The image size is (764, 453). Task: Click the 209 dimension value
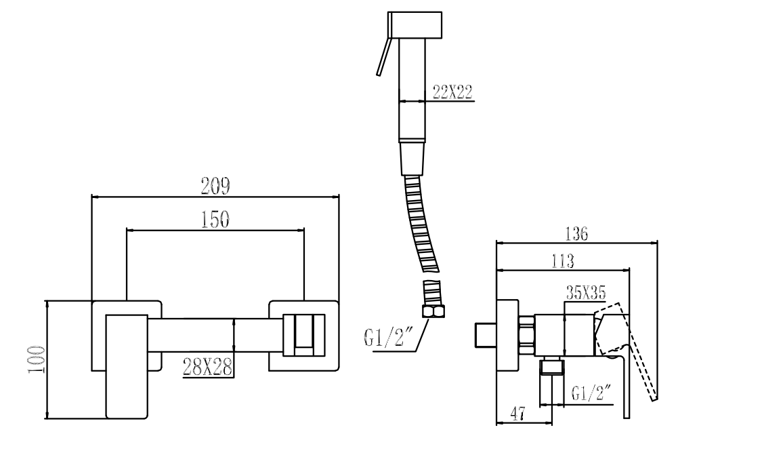tap(215, 186)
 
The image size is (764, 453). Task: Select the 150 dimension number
tap(215, 219)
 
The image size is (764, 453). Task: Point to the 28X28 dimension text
tap(207, 367)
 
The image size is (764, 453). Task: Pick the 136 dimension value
tap(576, 233)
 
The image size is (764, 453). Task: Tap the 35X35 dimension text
tap(585, 292)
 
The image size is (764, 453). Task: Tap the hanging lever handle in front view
tap(126, 366)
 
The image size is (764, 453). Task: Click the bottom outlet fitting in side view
tap(553, 368)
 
